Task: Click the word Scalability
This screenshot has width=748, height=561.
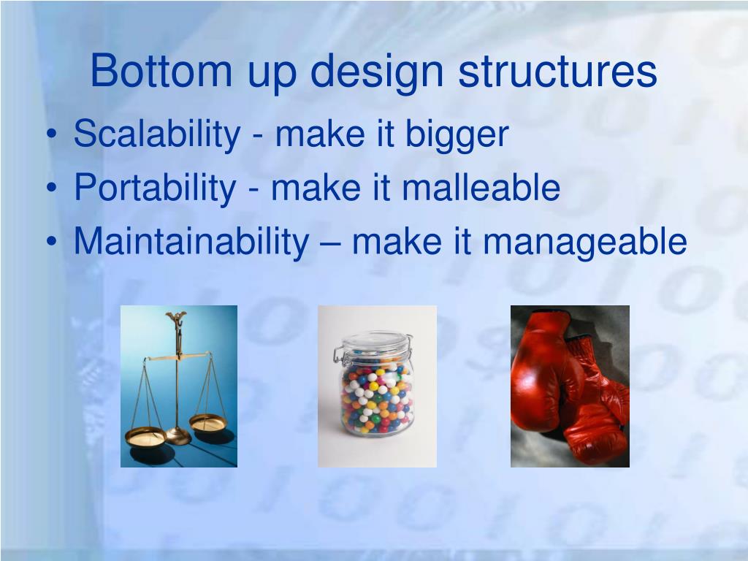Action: click(157, 135)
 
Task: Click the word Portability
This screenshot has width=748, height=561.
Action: click(155, 188)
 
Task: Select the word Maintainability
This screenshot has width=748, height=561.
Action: click(192, 242)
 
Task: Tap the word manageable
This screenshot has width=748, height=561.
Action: click(593, 243)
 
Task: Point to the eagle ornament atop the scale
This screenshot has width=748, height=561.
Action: click(176, 319)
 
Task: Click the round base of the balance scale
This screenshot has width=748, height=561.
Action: click(178, 437)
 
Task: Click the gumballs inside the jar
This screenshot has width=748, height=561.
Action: click(377, 398)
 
